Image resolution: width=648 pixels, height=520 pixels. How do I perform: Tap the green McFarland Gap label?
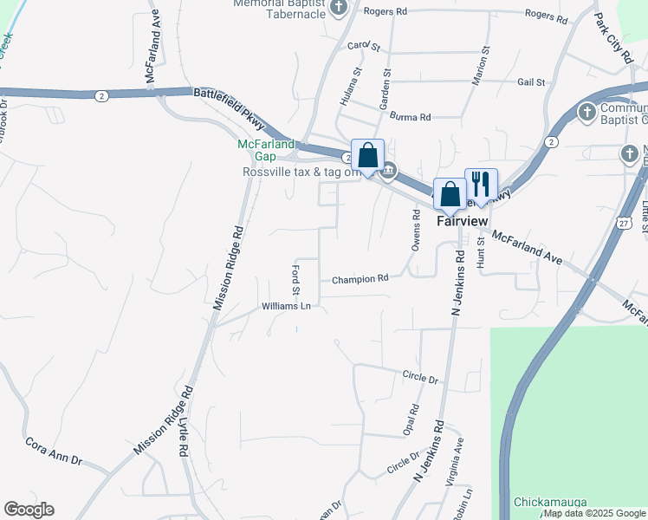point(266,150)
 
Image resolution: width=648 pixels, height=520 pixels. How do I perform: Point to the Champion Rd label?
point(360,279)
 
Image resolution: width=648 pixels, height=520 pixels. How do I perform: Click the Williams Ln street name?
point(286,306)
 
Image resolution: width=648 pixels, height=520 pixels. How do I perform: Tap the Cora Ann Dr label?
point(53,446)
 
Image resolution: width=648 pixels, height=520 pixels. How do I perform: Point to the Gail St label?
point(530,82)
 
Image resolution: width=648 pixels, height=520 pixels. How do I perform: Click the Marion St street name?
point(475,64)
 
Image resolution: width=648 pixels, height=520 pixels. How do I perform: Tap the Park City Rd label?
point(613,37)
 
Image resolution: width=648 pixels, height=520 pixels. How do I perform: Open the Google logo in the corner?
point(29,510)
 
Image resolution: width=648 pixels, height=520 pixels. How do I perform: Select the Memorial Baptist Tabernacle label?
point(284,9)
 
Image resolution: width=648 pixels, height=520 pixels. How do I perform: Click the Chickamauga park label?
point(551,502)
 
